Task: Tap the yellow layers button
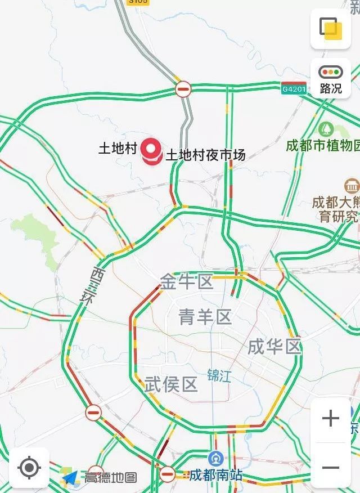[x=331, y=29]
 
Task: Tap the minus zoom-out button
[x=330, y=468]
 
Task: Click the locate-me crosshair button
[x=29, y=468]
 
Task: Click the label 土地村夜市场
[x=205, y=155]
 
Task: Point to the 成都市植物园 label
[x=322, y=146]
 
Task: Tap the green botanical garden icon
[x=326, y=129]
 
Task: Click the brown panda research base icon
[x=352, y=186]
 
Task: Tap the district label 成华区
[x=274, y=347]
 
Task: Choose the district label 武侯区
[x=171, y=385]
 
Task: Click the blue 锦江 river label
[x=219, y=376]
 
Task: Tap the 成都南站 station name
[x=217, y=476]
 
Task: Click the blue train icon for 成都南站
[x=215, y=458]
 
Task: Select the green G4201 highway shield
[x=293, y=88]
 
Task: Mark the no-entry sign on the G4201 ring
[x=183, y=88]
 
